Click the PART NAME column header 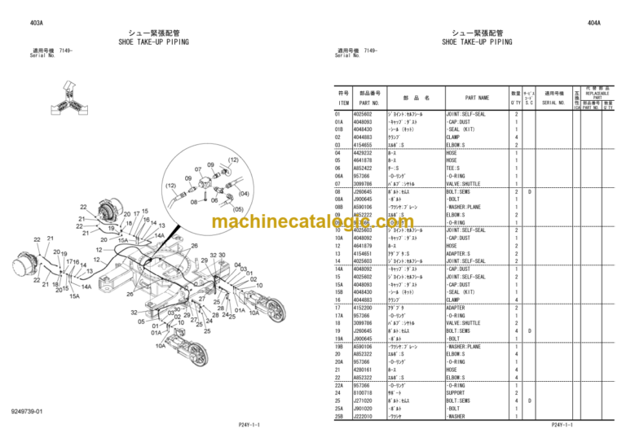pos(477,97)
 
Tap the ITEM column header pos(343,103)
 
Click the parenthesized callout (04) pos(242,195)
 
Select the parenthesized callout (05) pos(237,208)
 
